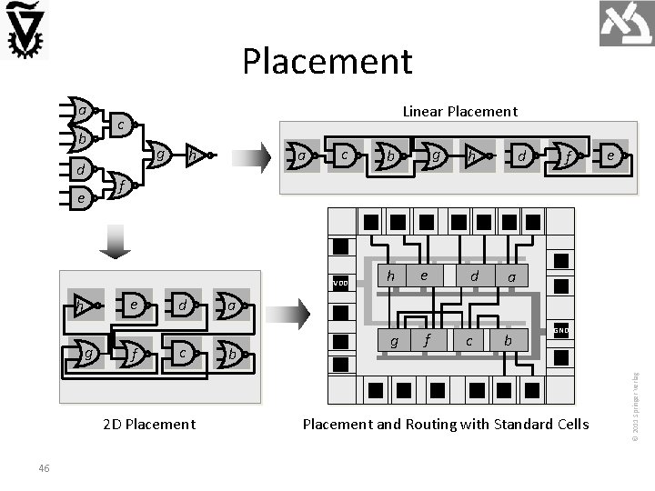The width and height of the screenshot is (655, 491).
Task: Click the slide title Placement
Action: [x=327, y=62]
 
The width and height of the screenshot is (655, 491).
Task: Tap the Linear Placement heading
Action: [x=459, y=111]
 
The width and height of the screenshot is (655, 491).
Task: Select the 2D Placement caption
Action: [x=148, y=424]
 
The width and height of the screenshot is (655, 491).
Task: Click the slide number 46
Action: [x=45, y=467]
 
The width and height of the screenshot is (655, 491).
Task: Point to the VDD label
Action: [x=340, y=283]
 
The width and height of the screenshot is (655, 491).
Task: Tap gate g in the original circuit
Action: [x=158, y=155]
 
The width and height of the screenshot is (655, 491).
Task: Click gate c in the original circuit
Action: [x=119, y=124]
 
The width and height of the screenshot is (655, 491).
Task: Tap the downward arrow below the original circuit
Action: [x=116, y=240]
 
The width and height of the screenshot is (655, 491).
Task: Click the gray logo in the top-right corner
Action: [x=626, y=25]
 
